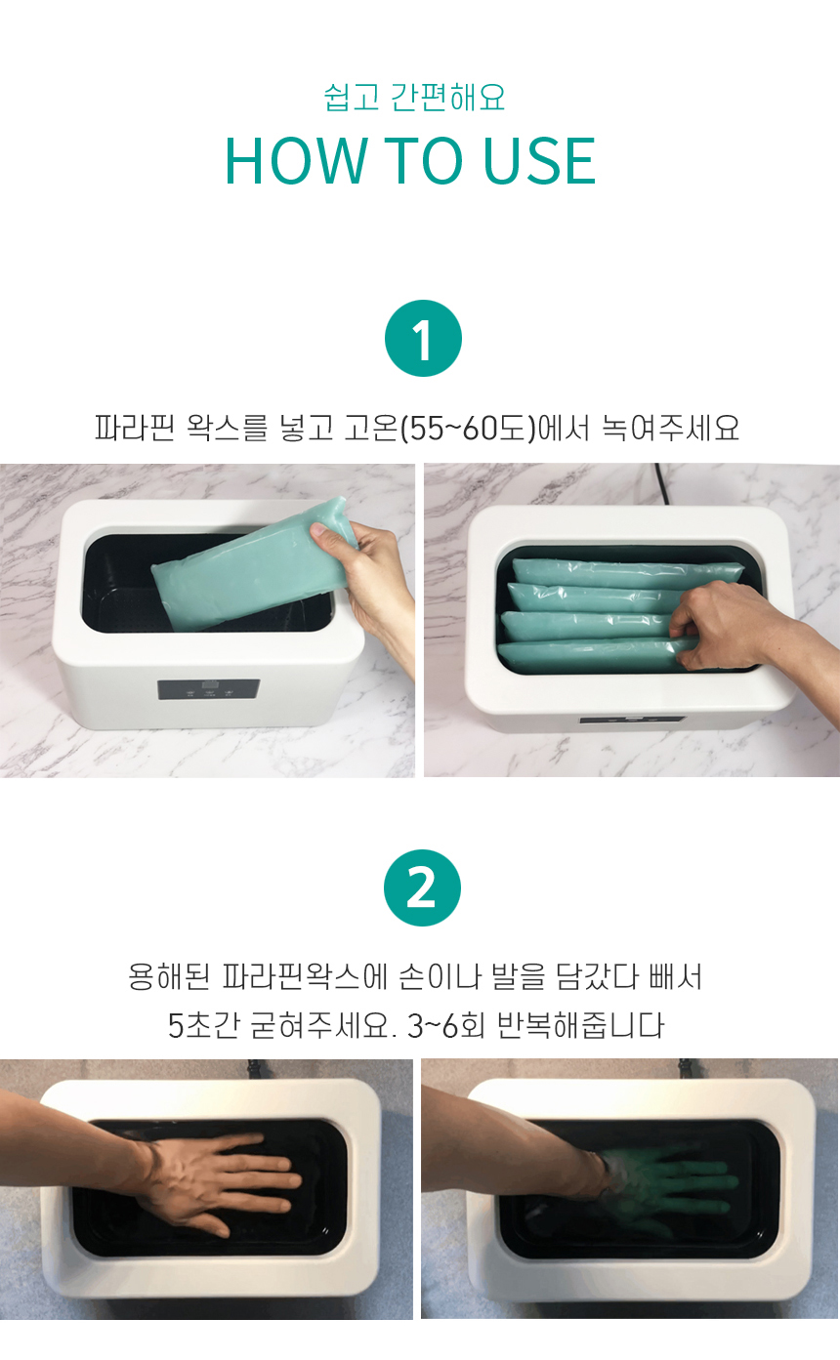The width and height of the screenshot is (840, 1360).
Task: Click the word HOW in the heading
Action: click(x=297, y=160)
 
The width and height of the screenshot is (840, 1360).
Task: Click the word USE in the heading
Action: click(x=539, y=160)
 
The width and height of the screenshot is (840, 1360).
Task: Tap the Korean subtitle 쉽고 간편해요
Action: click(x=414, y=98)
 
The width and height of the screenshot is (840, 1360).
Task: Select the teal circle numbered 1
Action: click(x=423, y=338)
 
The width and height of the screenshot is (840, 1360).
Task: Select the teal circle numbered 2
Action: click(x=422, y=887)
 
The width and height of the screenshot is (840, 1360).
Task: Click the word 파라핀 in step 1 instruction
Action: click(x=134, y=428)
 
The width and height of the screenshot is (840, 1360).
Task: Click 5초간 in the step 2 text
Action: click(x=203, y=1025)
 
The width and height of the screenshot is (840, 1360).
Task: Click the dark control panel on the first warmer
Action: click(x=209, y=689)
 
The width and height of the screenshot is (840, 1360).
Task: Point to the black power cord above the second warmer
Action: click(x=662, y=482)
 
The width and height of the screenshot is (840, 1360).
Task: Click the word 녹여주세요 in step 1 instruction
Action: click(x=671, y=428)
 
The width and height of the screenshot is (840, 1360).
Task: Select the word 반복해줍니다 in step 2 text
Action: click(x=580, y=1025)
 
